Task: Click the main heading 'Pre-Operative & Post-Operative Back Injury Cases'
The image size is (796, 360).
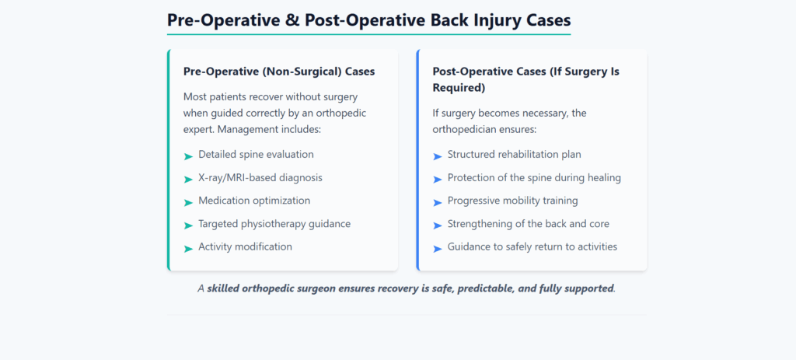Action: point(368,19)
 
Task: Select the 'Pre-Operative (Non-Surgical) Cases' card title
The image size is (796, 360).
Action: point(279,72)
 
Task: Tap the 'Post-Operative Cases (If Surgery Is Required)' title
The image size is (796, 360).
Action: point(525,79)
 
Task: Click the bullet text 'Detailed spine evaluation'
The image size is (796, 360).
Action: point(256,155)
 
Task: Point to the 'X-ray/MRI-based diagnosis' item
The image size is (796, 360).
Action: point(260,177)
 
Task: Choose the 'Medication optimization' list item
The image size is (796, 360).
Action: point(254,201)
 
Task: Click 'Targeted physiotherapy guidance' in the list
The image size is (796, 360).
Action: point(274,224)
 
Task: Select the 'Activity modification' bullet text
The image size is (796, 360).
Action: point(245,246)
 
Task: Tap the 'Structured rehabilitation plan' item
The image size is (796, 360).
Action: point(514,155)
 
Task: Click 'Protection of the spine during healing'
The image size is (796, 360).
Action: point(534,177)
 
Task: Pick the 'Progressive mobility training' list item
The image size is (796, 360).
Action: point(512,201)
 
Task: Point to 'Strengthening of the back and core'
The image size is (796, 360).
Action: point(528,224)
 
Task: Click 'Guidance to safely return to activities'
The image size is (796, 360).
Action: point(532,246)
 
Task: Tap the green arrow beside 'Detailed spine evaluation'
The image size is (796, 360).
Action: point(188,156)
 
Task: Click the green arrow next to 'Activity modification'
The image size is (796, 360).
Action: point(188,248)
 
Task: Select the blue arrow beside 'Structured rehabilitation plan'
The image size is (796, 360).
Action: point(437,156)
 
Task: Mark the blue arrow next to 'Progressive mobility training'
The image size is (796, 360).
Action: point(437,202)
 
